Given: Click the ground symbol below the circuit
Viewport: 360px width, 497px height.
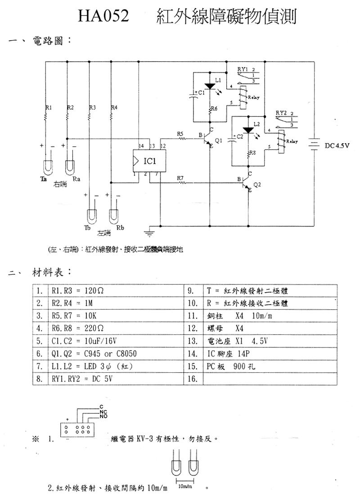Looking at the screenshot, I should [x=150, y=233].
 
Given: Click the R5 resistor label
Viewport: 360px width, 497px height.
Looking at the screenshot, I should [x=180, y=134].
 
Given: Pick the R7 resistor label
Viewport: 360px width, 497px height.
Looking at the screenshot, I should [x=180, y=178].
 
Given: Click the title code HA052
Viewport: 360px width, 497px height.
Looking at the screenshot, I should [x=103, y=17].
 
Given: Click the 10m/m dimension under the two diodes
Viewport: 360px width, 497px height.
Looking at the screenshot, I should [x=185, y=487].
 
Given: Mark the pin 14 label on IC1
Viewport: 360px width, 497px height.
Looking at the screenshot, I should [x=142, y=146].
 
